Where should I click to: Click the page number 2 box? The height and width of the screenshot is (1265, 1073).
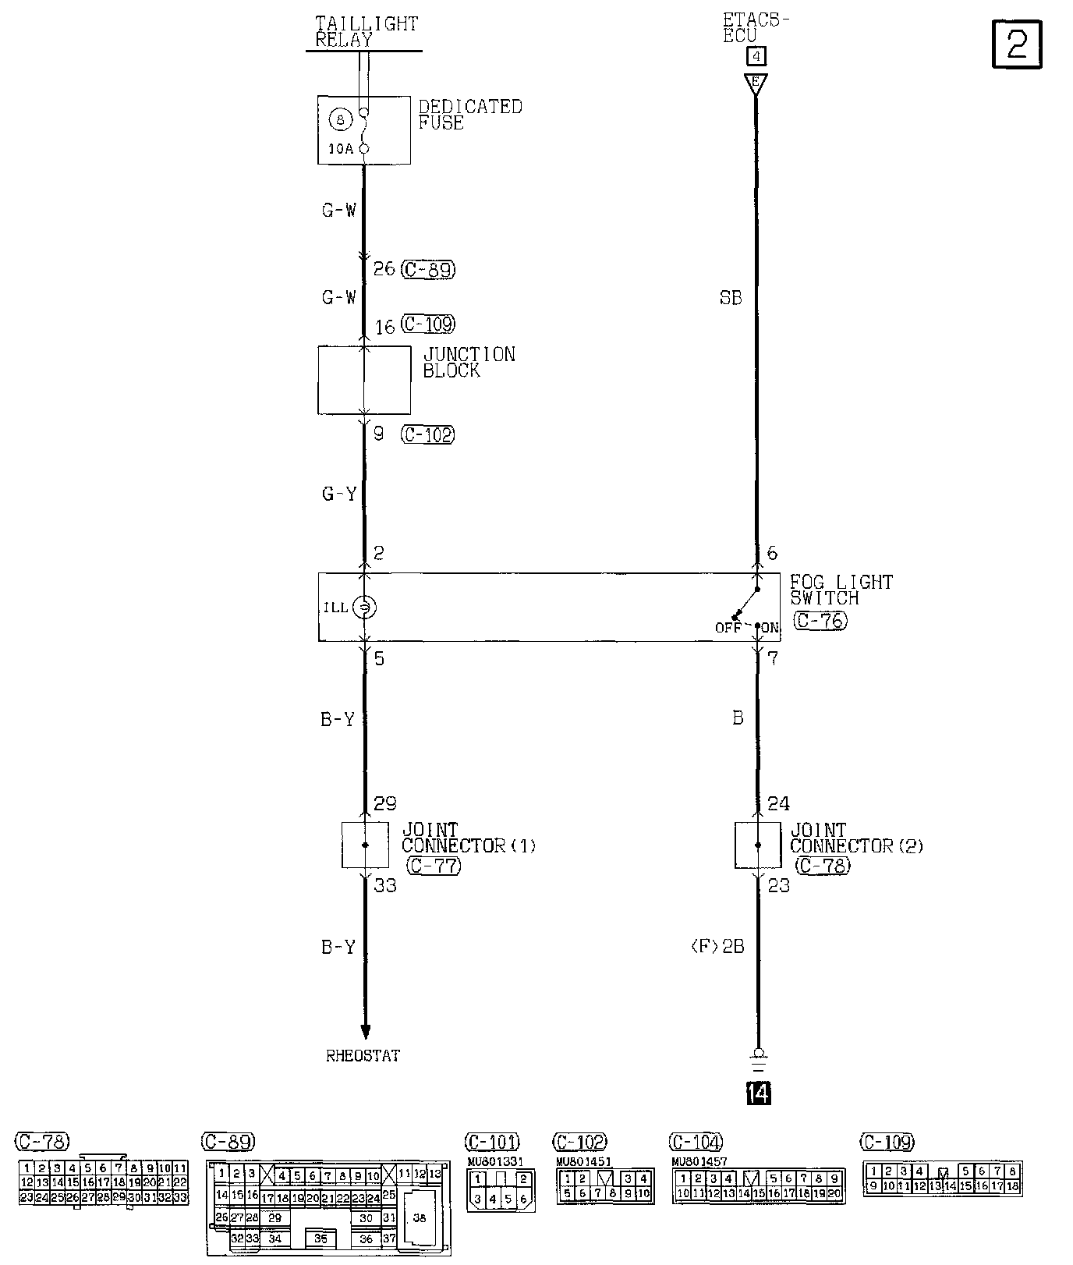pyautogui.click(x=1016, y=44)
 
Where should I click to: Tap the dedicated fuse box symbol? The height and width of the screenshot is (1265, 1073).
pyautogui.click(x=364, y=130)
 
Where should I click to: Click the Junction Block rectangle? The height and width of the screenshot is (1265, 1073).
pyautogui.click(x=364, y=380)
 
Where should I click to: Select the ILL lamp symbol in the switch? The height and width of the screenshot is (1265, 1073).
pyautogui.click(x=363, y=607)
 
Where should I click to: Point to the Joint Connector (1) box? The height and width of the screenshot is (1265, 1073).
pyautogui.click(x=365, y=845)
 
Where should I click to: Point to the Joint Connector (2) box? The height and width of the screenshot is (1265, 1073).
pyautogui.click(x=757, y=845)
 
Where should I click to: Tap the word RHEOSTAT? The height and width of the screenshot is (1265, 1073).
pyautogui.click(x=363, y=1056)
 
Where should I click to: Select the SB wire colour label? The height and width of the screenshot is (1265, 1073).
pyautogui.click(x=731, y=298)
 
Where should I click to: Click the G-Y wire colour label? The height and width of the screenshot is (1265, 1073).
pyautogui.click(x=339, y=494)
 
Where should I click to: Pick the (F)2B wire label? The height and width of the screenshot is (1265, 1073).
pyautogui.click(x=717, y=947)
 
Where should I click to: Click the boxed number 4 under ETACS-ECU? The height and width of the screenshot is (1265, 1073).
pyautogui.click(x=756, y=56)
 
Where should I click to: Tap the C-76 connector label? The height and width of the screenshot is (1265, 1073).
pyautogui.click(x=820, y=621)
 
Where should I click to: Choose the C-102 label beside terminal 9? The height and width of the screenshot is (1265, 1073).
pyautogui.click(x=427, y=434)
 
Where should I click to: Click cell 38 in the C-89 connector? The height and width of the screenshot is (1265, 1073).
pyautogui.click(x=420, y=1218)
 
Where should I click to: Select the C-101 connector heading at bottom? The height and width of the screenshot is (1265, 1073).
pyautogui.click(x=492, y=1143)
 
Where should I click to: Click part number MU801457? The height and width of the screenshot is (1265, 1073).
pyautogui.click(x=699, y=1161)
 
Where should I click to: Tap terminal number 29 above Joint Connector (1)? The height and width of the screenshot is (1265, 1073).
pyautogui.click(x=385, y=803)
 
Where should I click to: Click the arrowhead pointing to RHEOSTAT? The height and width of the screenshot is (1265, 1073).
pyautogui.click(x=365, y=1033)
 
